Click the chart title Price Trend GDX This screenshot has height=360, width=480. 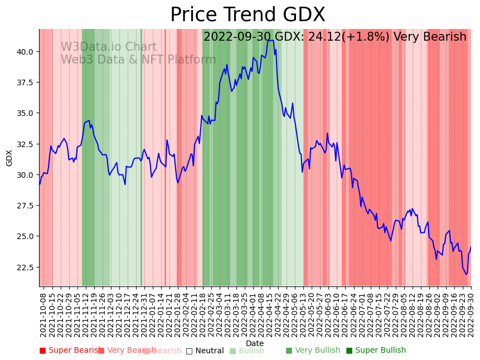point(248,15)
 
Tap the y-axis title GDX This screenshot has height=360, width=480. point(9,158)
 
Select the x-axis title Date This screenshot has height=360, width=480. point(255,343)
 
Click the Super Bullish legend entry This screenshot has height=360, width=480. point(376,351)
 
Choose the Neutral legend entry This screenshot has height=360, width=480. point(205,351)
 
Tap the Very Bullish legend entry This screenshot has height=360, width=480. point(313,351)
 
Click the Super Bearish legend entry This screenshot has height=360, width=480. point(70,351)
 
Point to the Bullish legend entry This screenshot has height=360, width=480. point(247,351)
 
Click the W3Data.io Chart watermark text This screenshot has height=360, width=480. point(109,47)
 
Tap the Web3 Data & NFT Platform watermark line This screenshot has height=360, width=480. point(138,60)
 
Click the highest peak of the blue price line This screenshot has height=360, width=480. point(270,40)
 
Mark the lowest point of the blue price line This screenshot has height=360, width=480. point(466,274)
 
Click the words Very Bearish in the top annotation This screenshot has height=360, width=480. point(429,37)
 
